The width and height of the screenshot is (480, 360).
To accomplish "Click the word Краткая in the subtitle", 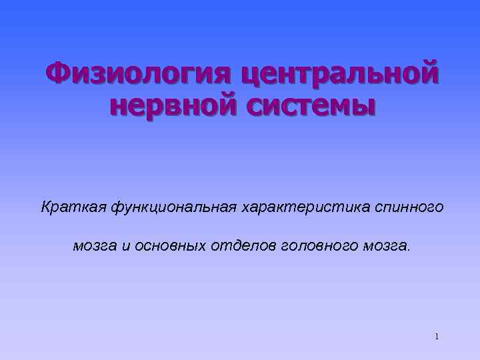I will tap(67, 208).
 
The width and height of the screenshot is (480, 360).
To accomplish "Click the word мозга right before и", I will tap(93, 247).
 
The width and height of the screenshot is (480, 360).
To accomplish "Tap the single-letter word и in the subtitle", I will tap(125, 246).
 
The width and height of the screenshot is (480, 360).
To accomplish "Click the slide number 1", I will tap(436, 337).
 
